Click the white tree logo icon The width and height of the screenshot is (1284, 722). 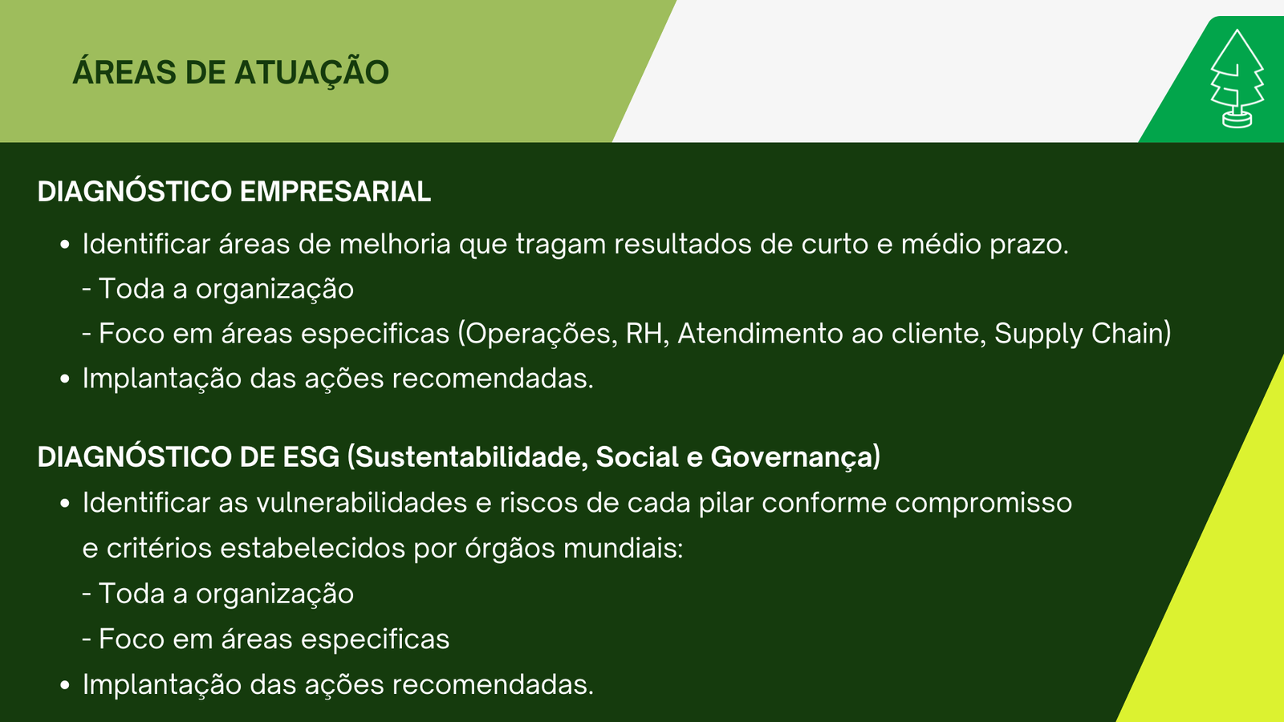[1237, 79]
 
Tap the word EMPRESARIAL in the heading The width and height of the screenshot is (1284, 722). [335, 192]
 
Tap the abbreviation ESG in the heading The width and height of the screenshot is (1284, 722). [311, 457]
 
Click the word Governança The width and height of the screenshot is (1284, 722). [791, 457]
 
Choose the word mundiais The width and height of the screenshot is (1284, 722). [623, 549]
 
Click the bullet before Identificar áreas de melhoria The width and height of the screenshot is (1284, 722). [65, 245]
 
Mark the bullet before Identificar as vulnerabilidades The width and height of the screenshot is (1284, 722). [65, 505]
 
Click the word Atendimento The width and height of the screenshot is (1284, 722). [760, 334]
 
